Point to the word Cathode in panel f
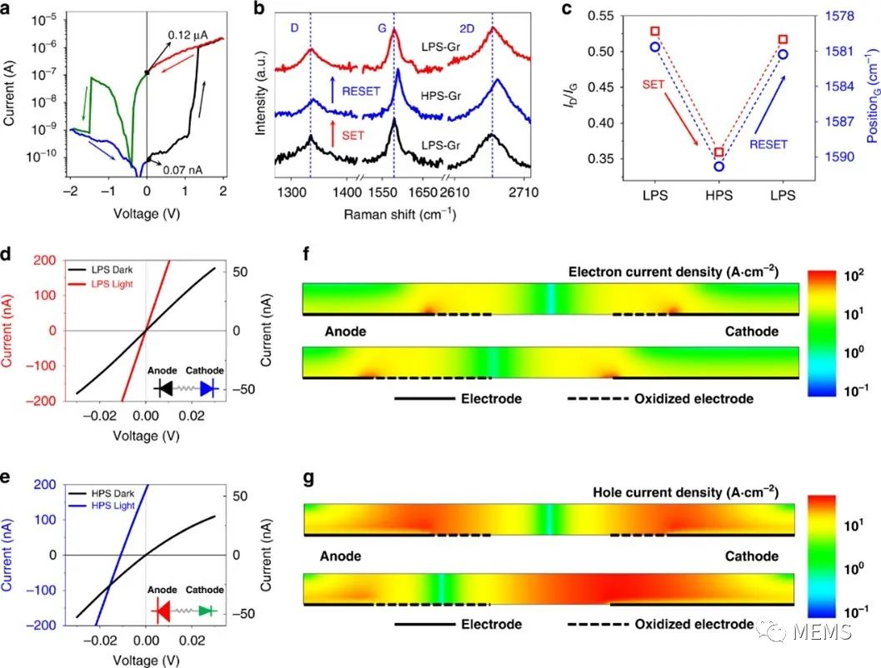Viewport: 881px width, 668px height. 751,332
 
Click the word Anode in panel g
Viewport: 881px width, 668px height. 342,556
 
